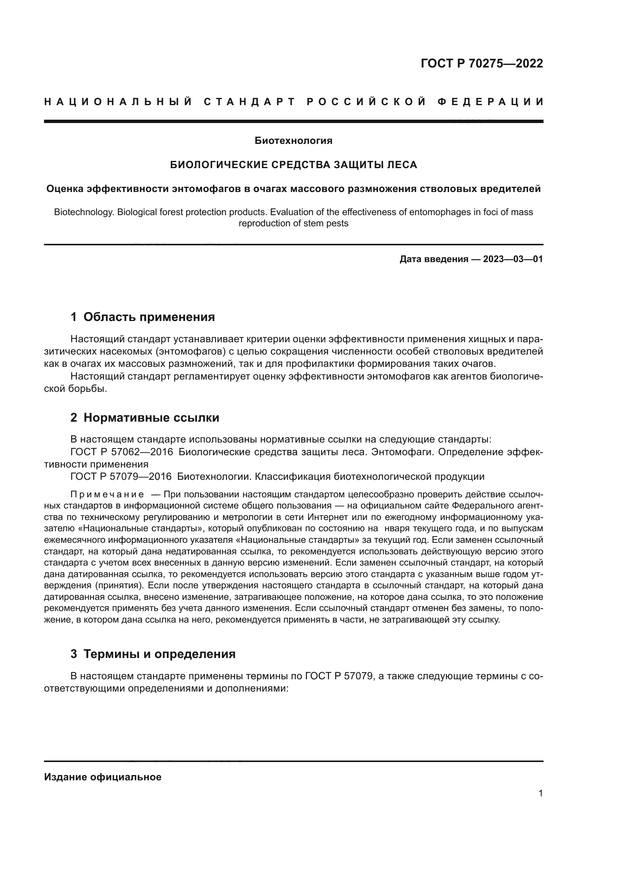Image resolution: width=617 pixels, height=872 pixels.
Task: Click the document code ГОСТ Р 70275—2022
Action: (x=482, y=63)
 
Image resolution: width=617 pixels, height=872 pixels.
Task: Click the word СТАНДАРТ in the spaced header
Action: (x=250, y=102)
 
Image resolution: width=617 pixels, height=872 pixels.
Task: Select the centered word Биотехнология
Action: (x=293, y=141)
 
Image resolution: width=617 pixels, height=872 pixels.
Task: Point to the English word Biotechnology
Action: (x=84, y=212)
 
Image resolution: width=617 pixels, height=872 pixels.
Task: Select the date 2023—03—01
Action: (x=513, y=259)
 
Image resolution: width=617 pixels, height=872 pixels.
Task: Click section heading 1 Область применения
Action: (x=142, y=317)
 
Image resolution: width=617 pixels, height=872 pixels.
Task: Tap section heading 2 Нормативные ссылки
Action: (x=145, y=418)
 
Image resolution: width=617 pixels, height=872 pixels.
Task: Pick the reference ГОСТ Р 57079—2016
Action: (x=121, y=477)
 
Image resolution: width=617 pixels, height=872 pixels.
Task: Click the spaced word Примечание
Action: (x=107, y=494)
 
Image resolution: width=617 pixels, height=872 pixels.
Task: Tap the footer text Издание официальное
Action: (x=103, y=777)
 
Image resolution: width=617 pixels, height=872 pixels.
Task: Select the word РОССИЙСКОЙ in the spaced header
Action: (x=367, y=102)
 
